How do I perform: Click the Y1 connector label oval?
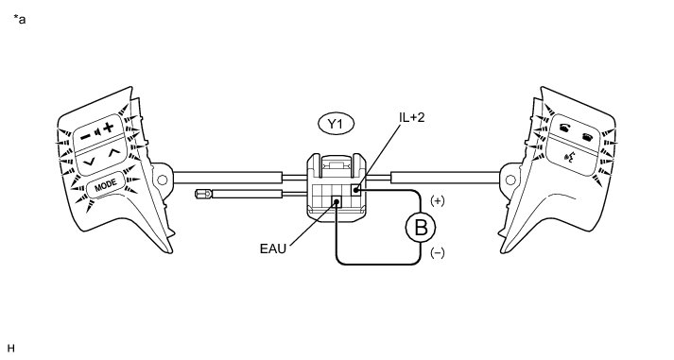(337, 124)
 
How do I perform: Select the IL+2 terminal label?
(412, 117)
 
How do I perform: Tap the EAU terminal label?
(273, 249)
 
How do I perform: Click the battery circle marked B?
(421, 228)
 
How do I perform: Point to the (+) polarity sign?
(437, 200)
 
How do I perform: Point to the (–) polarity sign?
(437, 253)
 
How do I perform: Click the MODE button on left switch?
(106, 185)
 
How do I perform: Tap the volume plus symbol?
(109, 127)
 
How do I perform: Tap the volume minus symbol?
(86, 136)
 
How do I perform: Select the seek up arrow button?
(113, 152)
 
